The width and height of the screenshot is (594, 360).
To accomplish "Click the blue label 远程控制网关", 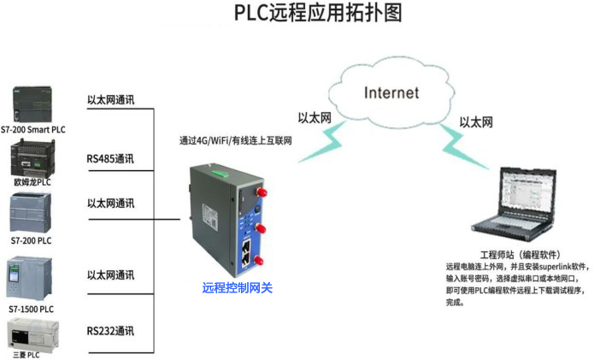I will [237, 288].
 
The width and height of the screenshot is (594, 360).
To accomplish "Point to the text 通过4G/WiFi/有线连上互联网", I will [236, 140].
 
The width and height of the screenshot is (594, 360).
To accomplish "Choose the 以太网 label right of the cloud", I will [476, 122].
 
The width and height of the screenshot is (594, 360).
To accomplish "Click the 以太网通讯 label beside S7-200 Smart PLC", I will [110, 99].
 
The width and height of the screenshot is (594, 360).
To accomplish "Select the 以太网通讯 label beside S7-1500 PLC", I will [110, 275].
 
